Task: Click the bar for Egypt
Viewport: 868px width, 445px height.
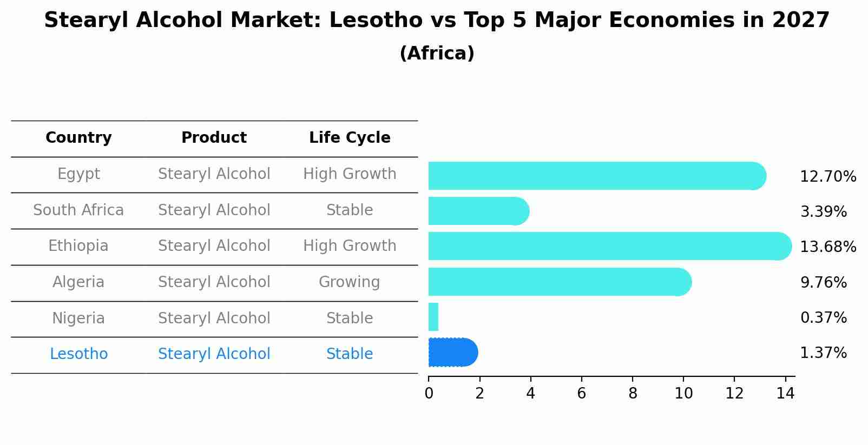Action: [x=595, y=176]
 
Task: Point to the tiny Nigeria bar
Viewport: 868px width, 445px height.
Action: [x=433, y=317]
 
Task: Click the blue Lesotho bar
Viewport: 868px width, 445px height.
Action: [x=452, y=353]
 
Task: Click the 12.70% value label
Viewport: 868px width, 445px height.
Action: [x=827, y=177]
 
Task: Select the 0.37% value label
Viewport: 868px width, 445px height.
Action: [x=823, y=318]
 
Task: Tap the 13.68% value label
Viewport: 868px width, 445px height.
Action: [x=827, y=247]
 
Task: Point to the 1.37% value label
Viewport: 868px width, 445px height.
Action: [x=823, y=353]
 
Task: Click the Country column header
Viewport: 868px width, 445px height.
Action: [x=78, y=138]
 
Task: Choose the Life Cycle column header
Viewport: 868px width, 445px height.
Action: [x=350, y=138]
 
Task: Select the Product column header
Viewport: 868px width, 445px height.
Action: [x=214, y=138]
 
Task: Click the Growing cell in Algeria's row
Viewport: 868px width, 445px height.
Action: [x=349, y=282]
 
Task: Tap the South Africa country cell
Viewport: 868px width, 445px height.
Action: [x=78, y=210]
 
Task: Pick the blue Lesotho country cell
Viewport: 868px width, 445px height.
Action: [x=78, y=354]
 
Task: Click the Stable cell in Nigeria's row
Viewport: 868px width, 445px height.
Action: [x=349, y=318]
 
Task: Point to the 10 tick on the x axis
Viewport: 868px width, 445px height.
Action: [x=683, y=394]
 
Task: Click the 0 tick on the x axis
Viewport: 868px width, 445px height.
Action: [x=429, y=394]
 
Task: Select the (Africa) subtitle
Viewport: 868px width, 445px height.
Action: [x=437, y=54]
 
